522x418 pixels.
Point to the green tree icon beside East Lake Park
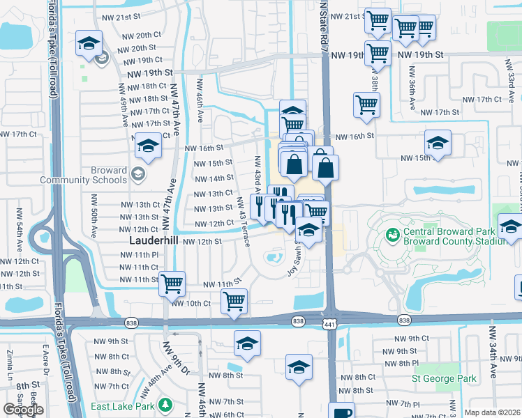pyautogui.click(x=165, y=405)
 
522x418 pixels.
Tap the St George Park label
pyautogui.click(x=444, y=379)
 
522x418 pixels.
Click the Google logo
pyautogui.click(x=23, y=410)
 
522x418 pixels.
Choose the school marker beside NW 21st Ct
pyautogui.click(x=89, y=44)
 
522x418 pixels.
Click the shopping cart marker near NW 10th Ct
pyautogui.click(x=234, y=300)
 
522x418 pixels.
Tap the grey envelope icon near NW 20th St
pyautogui.click(x=103, y=59)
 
